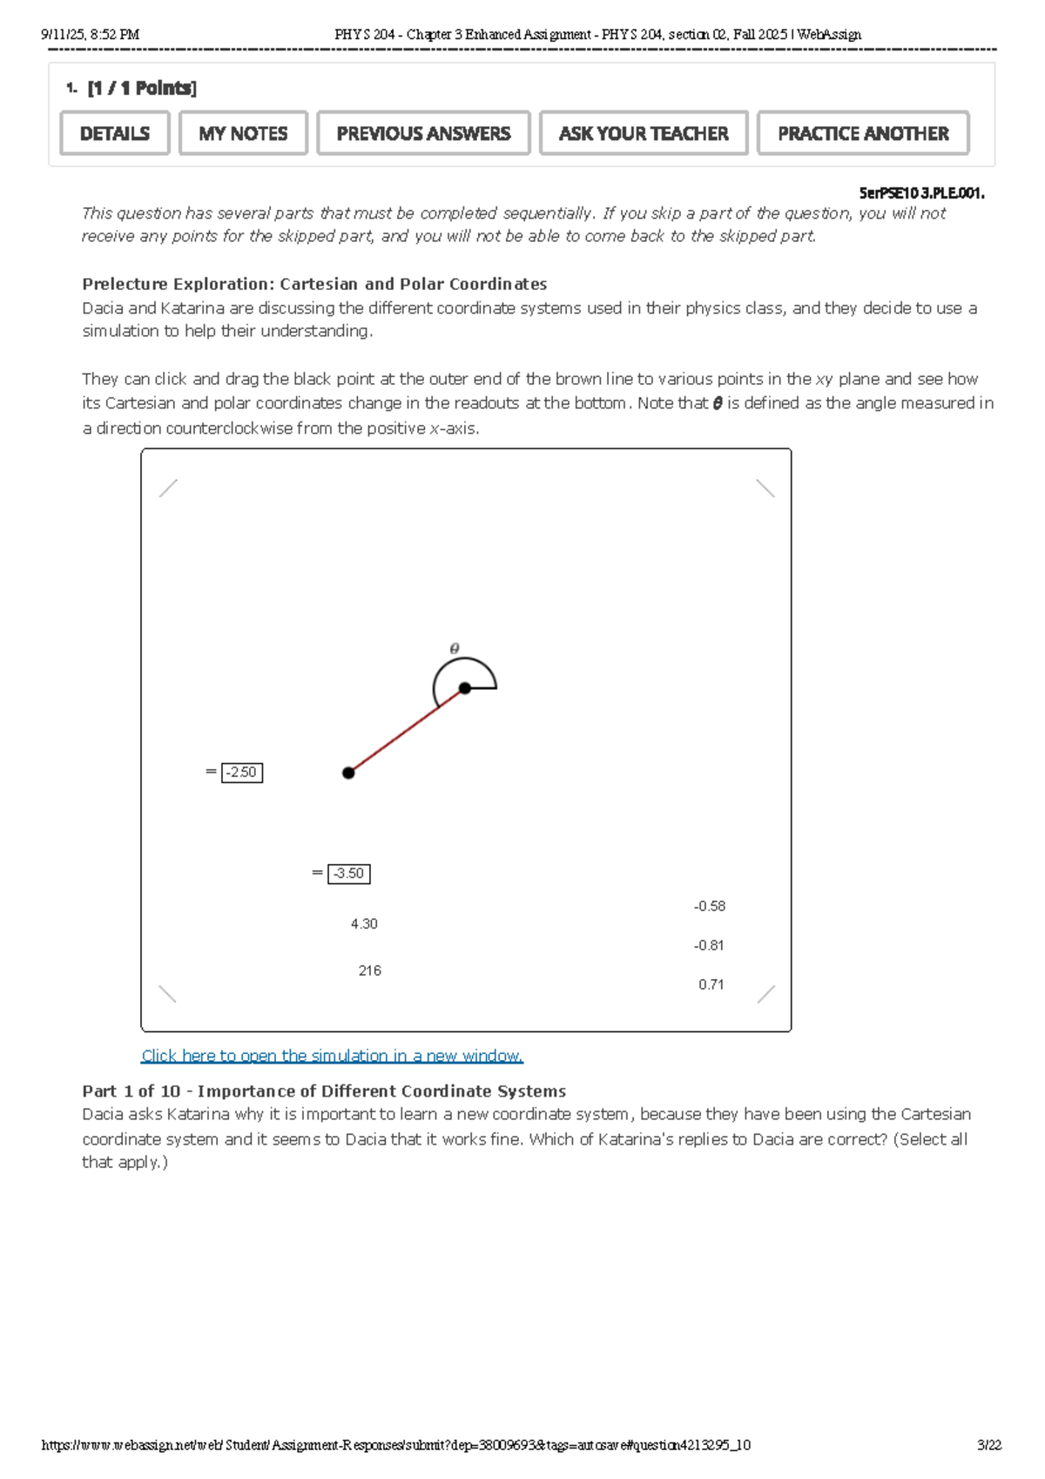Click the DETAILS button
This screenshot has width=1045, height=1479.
click(x=115, y=133)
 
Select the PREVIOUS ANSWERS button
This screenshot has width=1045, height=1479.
click(x=423, y=133)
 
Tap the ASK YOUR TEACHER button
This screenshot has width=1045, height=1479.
click(x=644, y=133)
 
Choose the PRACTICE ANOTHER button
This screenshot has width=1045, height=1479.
click(x=863, y=133)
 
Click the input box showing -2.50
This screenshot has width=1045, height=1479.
click(x=242, y=773)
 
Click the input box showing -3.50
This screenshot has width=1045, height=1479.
click(x=349, y=874)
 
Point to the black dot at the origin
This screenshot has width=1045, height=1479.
click(x=465, y=688)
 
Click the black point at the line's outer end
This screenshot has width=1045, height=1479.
click(x=348, y=773)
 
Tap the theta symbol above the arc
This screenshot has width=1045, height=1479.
click(x=455, y=649)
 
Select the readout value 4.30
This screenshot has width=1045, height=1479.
click(x=364, y=924)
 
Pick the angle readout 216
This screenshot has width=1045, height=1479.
click(x=369, y=971)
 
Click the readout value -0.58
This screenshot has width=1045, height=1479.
click(x=710, y=907)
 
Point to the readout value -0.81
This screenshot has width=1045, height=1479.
click(x=709, y=946)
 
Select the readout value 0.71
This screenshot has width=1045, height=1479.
click(x=711, y=985)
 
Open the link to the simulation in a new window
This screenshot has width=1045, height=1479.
click(x=332, y=1056)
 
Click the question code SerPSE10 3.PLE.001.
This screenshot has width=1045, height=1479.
click(x=921, y=193)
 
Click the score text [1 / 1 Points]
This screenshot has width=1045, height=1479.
click(x=142, y=88)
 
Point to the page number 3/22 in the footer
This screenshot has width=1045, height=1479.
click(x=989, y=1445)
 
